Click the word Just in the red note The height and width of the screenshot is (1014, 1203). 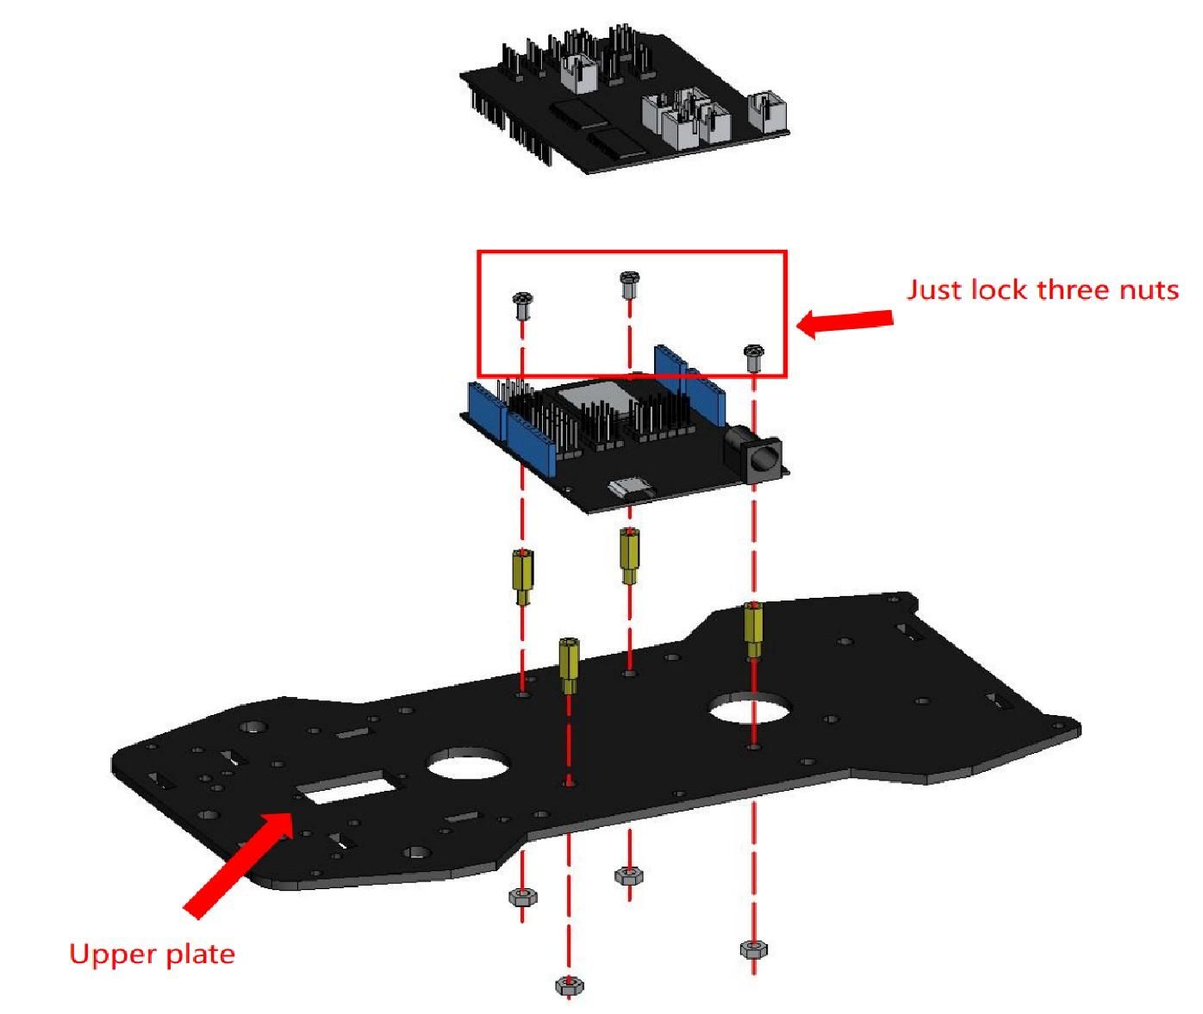click(x=933, y=289)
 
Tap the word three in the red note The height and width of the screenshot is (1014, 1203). click(x=1073, y=289)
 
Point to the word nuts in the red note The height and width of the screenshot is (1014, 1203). click(x=1149, y=291)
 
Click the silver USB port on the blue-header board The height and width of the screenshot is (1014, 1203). click(x=630, y=488)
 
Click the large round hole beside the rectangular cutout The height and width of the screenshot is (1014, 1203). click(x=468, y=762)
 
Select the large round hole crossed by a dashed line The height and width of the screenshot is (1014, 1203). click(x=749, y=708)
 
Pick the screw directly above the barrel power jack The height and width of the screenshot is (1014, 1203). click(x=754, y=358)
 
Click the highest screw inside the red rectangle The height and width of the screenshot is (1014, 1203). click(x=629, y=284)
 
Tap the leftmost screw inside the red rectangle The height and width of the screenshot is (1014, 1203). click(x=522, y=306)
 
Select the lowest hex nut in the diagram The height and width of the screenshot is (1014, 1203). click(x=570, y=986)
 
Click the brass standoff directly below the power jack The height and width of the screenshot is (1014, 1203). click(x=753, y=631)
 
